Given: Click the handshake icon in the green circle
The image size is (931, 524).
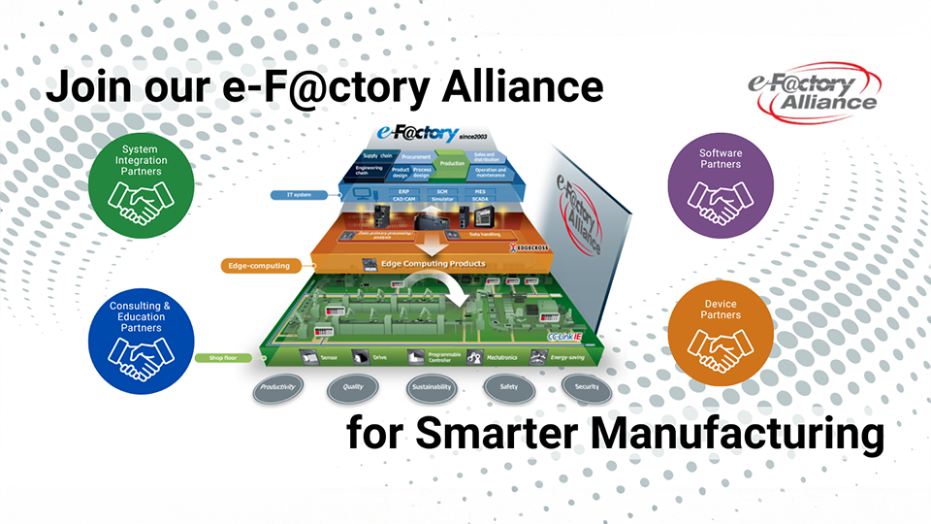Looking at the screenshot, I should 136,198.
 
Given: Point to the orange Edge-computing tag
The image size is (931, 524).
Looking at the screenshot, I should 255,264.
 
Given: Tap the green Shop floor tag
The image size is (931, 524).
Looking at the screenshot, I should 223,357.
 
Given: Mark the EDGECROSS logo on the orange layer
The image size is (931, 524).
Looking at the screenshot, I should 528,247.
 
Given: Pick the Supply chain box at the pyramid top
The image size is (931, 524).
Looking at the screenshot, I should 377,155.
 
